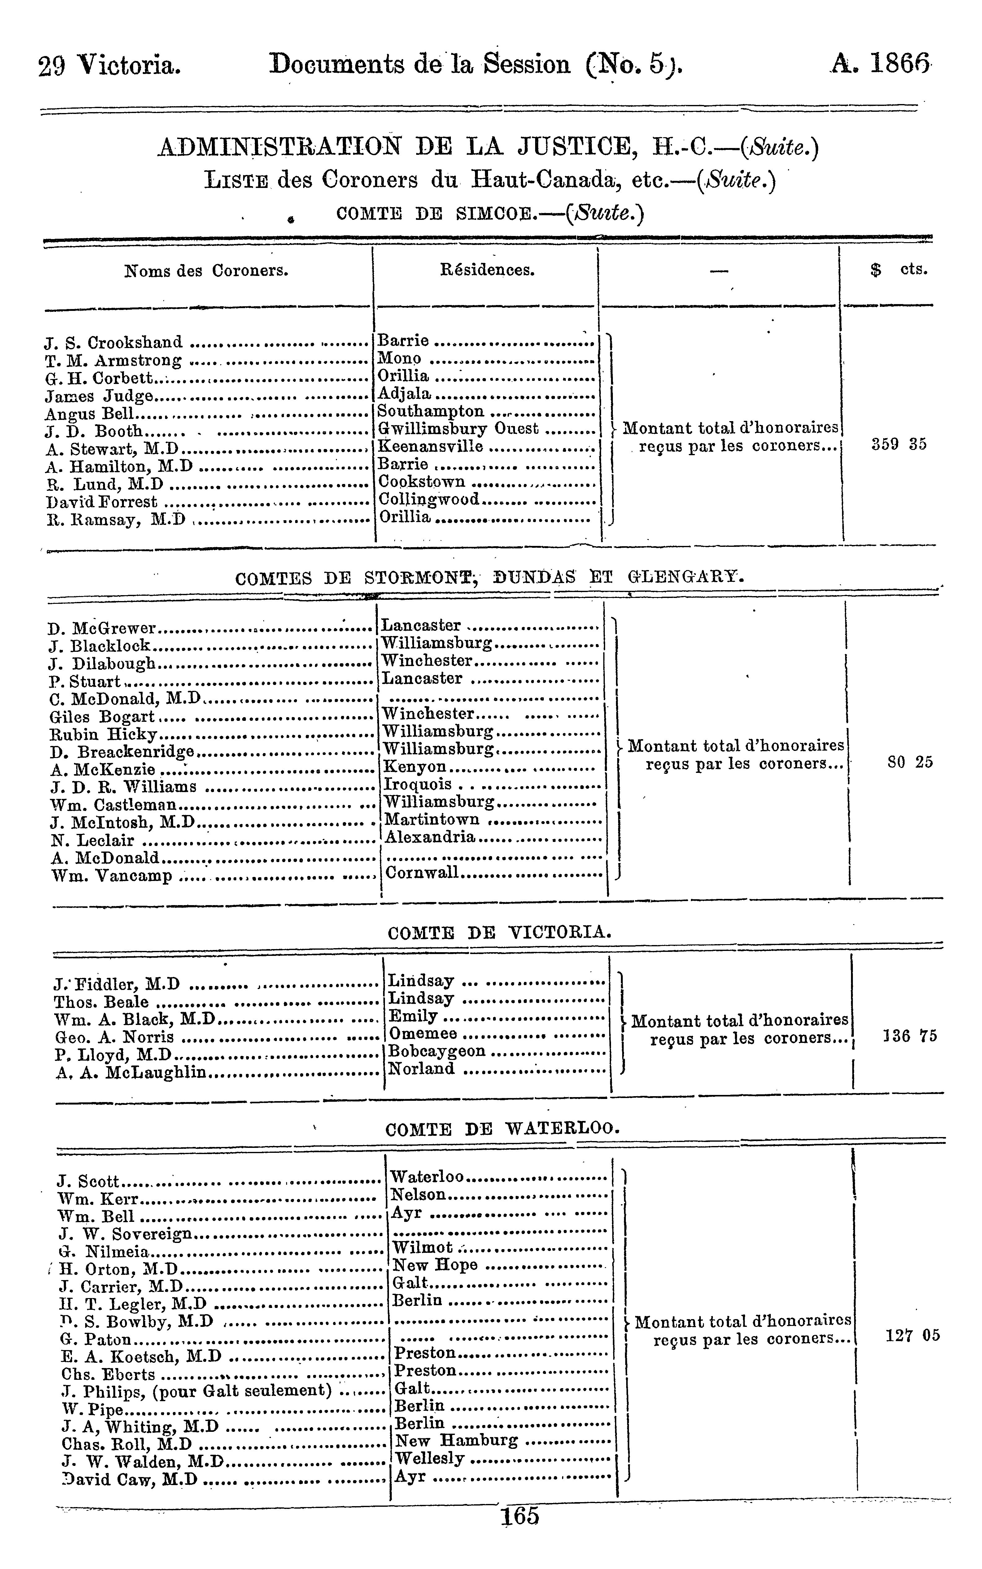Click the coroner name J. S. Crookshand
click(114, 342)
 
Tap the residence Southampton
click(430, 411)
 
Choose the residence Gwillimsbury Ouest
click(458, 429)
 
